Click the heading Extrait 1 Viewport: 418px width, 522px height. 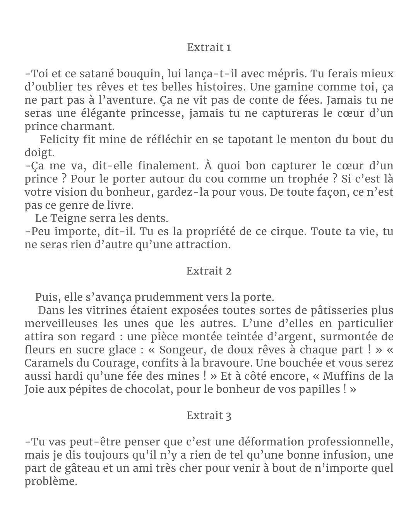click(x=209, y=48)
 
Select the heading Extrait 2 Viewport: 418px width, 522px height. click(x=209, y=271)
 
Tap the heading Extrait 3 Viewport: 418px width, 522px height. click(x=209, y=416)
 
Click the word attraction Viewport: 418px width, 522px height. click(x=202, y=245)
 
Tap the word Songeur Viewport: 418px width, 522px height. click(x=180, y=350)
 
